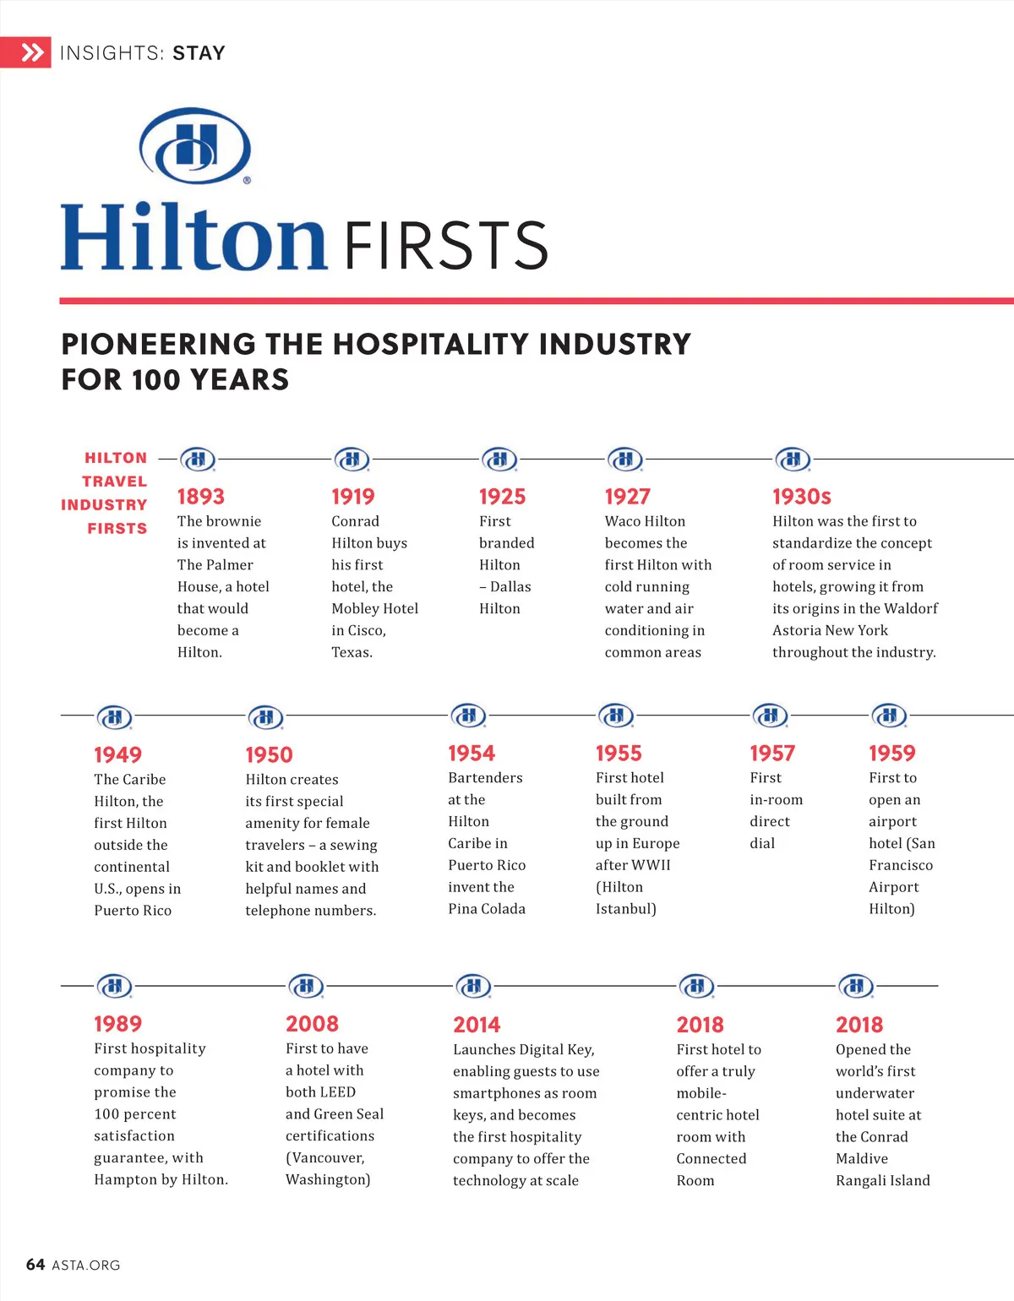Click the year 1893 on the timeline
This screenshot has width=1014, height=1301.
(200, 497)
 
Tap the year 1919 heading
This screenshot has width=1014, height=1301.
(352, 497)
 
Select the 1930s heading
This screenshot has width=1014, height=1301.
(801, 497)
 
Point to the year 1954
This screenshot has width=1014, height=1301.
(471, 754)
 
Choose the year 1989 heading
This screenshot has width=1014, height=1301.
(117, 1024)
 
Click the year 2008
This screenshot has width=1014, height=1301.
(312, 1024)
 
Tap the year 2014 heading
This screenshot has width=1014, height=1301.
(477, 1025)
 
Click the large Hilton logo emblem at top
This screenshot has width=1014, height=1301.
(195, 145)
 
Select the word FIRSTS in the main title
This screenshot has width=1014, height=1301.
(446, 246)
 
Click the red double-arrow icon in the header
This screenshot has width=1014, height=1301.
(31, 53)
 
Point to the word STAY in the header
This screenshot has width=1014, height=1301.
(199, 53)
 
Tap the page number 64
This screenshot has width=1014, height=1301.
(35, 1265)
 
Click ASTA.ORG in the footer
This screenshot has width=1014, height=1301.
(86, 1266)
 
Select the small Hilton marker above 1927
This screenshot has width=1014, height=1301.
(625, 459)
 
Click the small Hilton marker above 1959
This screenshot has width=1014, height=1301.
(889, 716)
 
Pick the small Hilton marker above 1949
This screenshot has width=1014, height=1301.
(114, 717)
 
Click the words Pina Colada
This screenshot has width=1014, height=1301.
(487, 909)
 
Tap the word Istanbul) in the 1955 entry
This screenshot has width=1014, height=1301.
(625, 909)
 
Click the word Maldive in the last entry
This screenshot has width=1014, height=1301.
(861, 1159)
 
